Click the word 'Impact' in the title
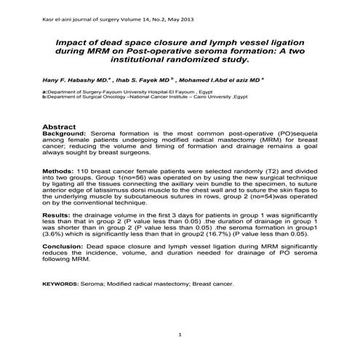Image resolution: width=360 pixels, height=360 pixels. coord(74,44)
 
